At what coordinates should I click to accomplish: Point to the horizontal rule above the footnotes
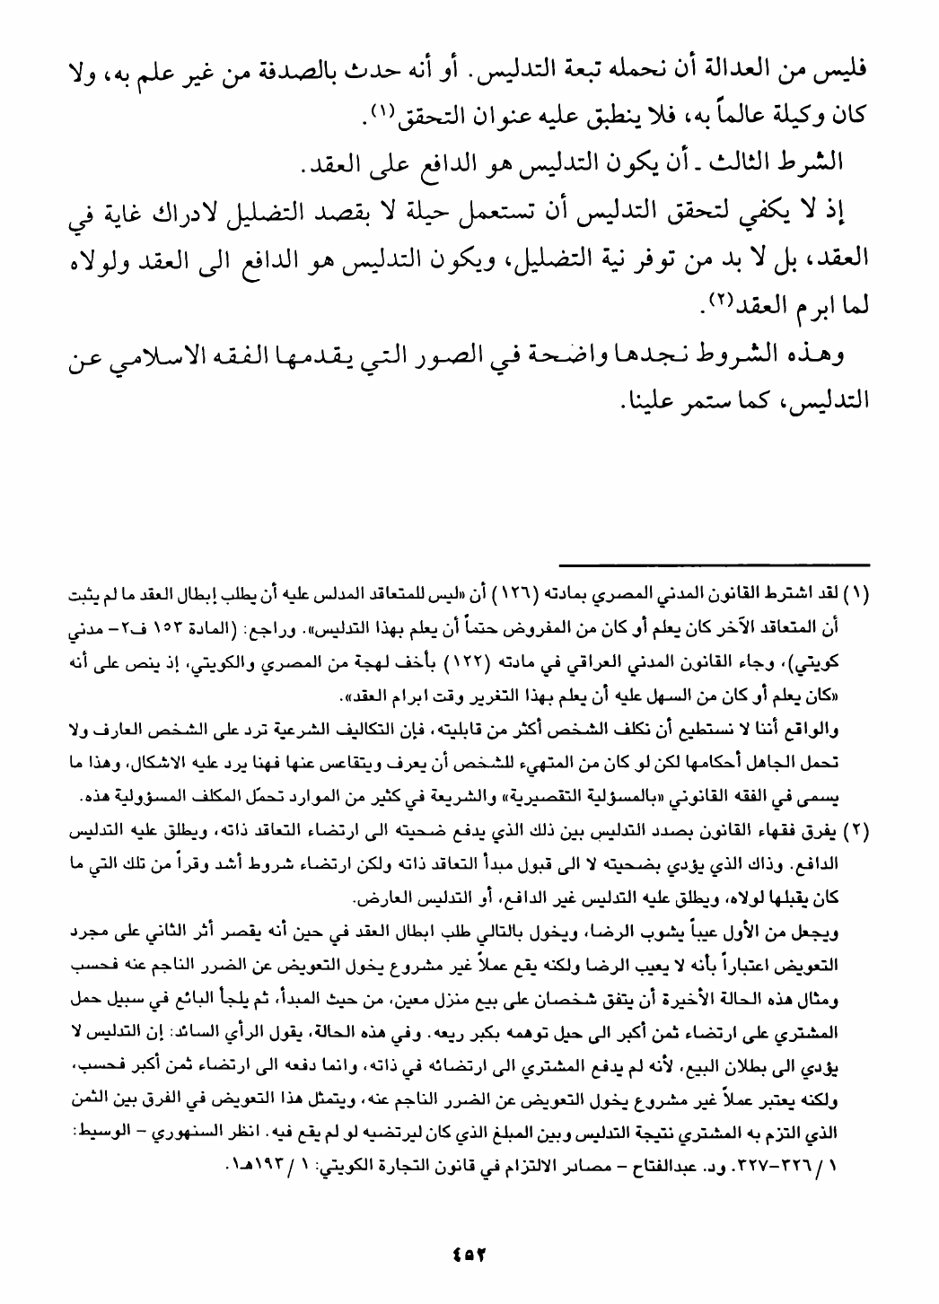pyautogui.click(x=714, y=564)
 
